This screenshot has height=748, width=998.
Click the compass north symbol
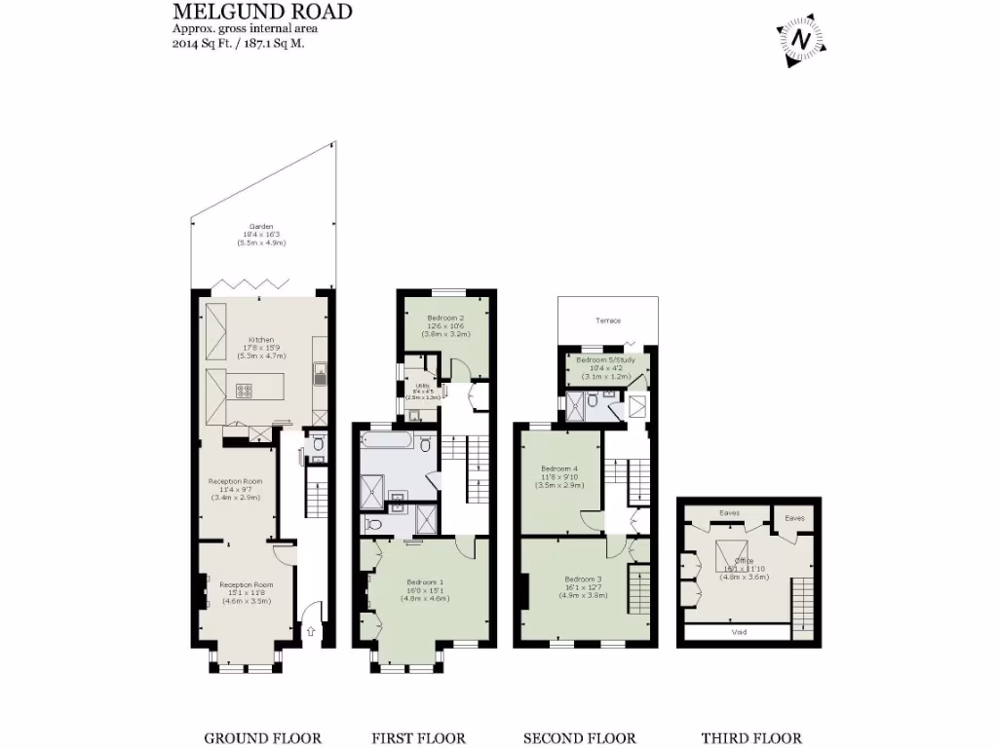click(x=801, y=41)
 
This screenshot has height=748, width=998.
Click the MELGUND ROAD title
click(x=262, y=12)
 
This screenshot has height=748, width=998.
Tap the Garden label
click(x=259, y=227)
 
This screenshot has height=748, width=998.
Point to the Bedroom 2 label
click(x=445, y=318)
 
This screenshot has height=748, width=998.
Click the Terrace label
click(x=608, y=320)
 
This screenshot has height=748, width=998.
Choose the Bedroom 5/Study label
click(x=606, y=360)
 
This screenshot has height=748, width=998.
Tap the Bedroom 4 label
click(x=559, y=468)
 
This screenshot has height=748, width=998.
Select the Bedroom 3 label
click(x=584, y=580)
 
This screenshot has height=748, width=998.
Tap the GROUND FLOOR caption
click(x=262, y=738)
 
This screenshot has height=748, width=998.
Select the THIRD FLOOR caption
click(x=751, y=738)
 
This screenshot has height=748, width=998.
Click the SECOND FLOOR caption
click(x=579, y=738)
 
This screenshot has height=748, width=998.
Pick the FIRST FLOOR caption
click(x=418, y=738)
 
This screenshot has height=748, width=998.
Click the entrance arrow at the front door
click(x=311, y=631)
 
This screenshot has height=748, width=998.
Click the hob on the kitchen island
click(x=244, y=392)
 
